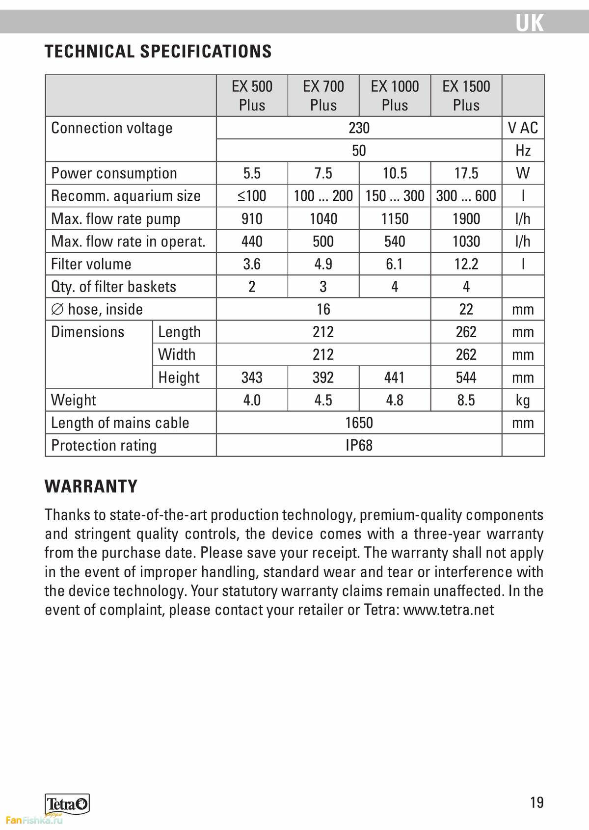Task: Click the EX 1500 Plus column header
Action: tap(466, 96)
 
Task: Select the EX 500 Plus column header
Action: tap(252, 96)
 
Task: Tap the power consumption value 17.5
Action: tap(466, 173)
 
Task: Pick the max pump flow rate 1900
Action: tap(466, 218)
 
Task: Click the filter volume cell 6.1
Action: tap(395, 264)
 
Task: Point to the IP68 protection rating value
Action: tap(359, 445)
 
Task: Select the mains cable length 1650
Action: tap(359, 423)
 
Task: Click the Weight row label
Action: tap(74, 400)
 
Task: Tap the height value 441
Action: tap(395, 377)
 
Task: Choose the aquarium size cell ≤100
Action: tap(252, 196)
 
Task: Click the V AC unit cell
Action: tap(523, 128)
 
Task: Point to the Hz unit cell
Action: tap(523, 151)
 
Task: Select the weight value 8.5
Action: tap(466, 400)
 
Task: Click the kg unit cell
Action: tap(523, 400)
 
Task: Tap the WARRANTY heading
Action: tap(91, 486)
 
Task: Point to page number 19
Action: tap(537, 803)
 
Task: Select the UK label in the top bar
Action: tap(530, 23)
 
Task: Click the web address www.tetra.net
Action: tap(448, 610)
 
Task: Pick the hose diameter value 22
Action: tap(466, 309)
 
